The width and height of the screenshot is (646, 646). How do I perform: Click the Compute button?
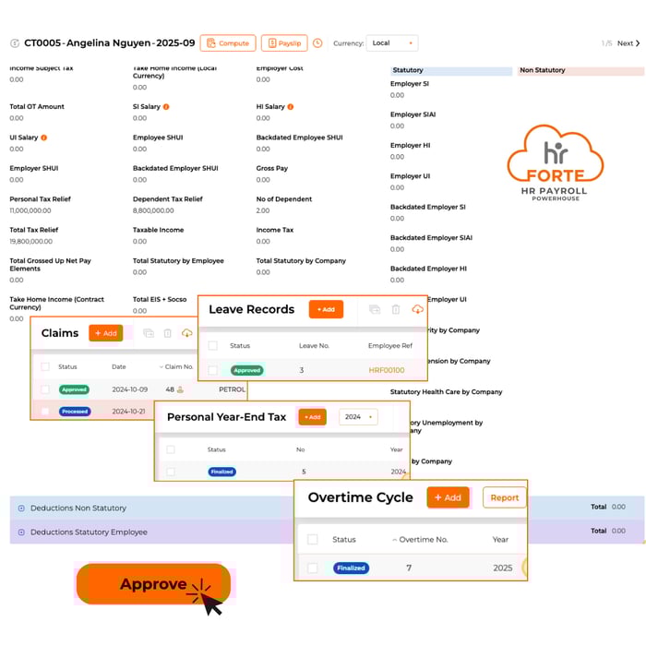pyautogui.click(x=228, y=43)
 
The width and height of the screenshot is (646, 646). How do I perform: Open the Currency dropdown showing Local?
pyautogui.click(x=392, y=43)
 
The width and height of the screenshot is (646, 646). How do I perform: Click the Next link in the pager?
pyautogui.click(x=628, y=43)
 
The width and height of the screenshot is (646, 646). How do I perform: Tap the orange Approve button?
pyautogui.click(x=153, y=584)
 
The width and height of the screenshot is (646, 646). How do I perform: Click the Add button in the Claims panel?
pyautogui.click(x=105, y=333)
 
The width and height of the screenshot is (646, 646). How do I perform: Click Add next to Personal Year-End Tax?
pyautogui.click(x=312, y=417)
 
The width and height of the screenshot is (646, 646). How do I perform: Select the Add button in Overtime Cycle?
pyautogui.click(x=448, y=497)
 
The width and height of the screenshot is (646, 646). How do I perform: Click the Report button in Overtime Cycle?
pyautogui.click(x=504, y=497)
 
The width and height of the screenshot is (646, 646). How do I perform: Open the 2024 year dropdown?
pyautogui.click(x=358, y=417)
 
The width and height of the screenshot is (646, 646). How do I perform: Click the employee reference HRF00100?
pyautogui.click(x=387, y=370)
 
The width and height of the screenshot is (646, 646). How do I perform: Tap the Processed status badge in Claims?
pyautogui.click(x=75, y=412)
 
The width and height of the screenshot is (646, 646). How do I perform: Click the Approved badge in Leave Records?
pyautogui.click(x=247, y=370)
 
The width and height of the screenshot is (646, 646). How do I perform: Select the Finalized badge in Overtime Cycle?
pyautogui.click(x=351, y=568)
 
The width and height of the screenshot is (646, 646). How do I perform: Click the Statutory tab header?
pyautogui.click(x=450, y=70)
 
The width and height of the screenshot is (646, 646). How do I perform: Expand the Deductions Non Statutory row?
pyautogui.click(x=22, y=508)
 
